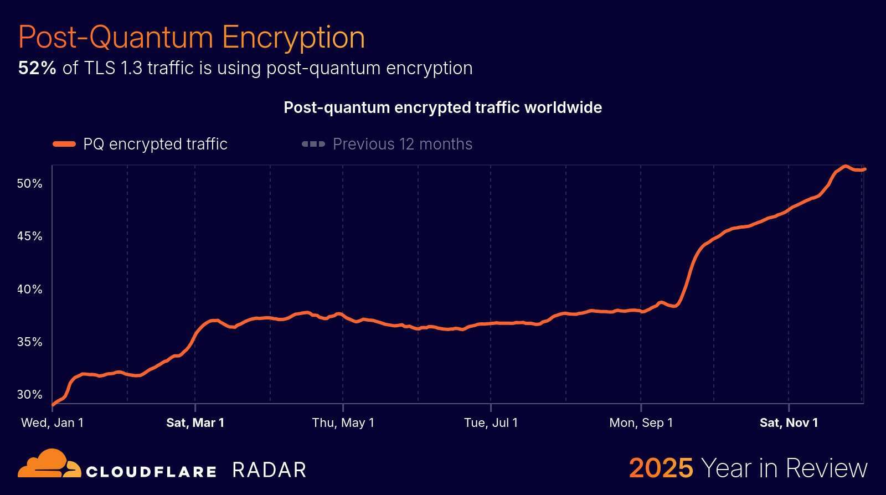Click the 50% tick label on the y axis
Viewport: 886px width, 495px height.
29,183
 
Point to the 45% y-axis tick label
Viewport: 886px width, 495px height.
29,236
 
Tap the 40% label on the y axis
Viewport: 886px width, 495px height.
29,289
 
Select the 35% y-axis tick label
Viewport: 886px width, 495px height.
29,342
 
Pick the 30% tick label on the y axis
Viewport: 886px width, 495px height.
29,394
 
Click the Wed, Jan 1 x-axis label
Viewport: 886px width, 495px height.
52,422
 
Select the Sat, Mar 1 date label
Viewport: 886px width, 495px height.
195,422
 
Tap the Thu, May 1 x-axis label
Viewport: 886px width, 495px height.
343,422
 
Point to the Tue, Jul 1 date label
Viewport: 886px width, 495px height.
491,422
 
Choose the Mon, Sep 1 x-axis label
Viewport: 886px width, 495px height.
641,422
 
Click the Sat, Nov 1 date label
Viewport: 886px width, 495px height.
789,422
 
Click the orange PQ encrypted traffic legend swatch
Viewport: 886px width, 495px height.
64,144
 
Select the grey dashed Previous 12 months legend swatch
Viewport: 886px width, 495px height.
313,144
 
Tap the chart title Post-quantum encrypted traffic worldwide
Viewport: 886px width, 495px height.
442,107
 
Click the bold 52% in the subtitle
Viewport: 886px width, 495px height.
37,68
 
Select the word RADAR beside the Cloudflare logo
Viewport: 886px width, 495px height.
269,470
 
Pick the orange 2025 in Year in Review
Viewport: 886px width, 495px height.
661,468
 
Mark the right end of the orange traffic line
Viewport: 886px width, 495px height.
864,169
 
